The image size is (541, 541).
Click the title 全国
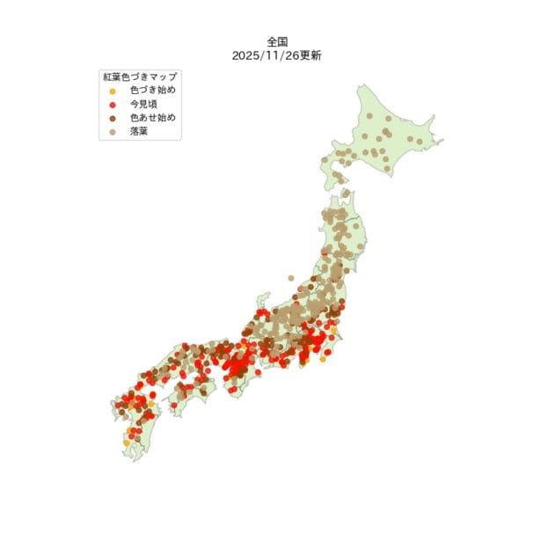click(277, 41)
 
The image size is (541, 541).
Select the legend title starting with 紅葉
click(140, 77)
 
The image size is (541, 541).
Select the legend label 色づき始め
click(153, 90)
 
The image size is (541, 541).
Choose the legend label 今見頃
click(143, 104)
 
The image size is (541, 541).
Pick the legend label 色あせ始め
click(153, 117)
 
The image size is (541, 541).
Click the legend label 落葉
click(139, 131)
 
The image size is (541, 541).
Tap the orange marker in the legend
click(112, 91)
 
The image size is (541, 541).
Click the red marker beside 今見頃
click(112, 104)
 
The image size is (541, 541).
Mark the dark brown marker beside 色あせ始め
click(112, 118)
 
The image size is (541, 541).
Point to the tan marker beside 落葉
click(112, 131)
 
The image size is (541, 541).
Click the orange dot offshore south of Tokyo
click(323, 359)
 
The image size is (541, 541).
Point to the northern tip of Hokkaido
click(360, 86)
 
